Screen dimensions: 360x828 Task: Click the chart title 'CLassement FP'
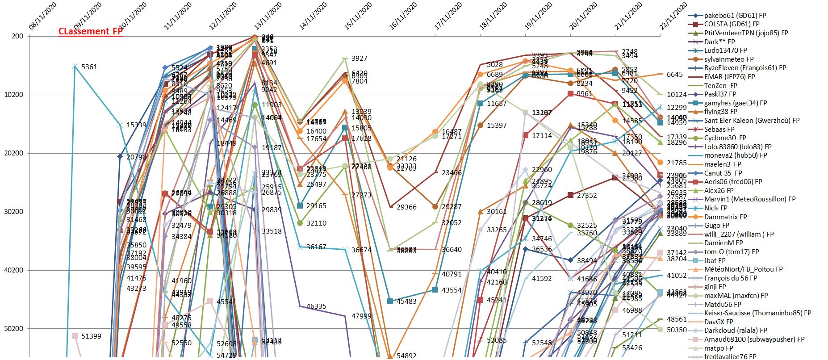pos(90,31)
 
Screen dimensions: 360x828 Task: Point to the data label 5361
pos(89,67)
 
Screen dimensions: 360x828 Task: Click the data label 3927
pos(359,59)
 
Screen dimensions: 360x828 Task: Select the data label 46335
pos(316,306)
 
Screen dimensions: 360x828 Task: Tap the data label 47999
pos(361,316)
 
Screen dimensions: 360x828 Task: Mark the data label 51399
pos(91,336)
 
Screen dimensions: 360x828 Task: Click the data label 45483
pos(406,301)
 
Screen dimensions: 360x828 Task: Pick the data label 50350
pos(677,330)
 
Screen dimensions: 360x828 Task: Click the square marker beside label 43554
pos(435,289)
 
